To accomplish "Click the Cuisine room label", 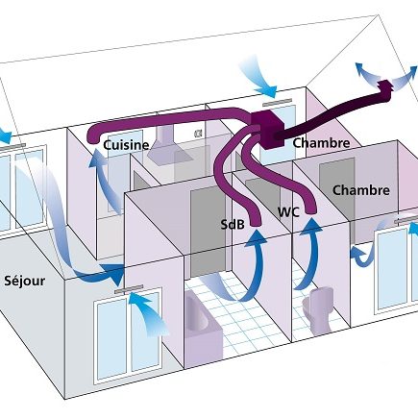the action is tap(126, 145).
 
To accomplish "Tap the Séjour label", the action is tap(24, 281).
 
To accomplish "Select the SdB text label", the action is tap(233, 225).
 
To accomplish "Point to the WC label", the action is tap(288, 212).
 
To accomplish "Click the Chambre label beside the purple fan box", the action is tap(321, 143).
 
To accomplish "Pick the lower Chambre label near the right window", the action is tap(361, 190).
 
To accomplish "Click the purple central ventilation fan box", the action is tap(267, 129).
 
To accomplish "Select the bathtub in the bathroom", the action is tap(203, 329).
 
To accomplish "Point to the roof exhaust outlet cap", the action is tap(384, 90).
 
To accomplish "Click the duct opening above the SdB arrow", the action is tap(256, 222).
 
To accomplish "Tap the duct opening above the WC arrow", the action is tap(310, 209).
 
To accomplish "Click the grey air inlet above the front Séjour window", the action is tap(129, 289).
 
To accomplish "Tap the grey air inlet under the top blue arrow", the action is tap(277, 103).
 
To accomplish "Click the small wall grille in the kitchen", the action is tap(198, 133).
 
